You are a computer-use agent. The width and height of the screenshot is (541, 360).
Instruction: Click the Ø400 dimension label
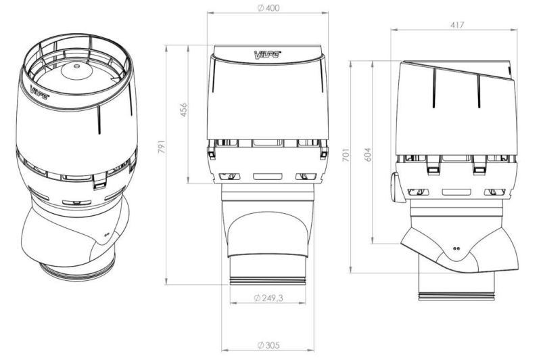coord(268,8)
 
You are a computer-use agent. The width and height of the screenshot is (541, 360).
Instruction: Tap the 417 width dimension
coord(457,25)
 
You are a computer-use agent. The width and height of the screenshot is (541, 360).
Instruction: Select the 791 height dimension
coord(162,147)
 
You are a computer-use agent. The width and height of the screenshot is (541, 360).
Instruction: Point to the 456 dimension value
coord(183,110)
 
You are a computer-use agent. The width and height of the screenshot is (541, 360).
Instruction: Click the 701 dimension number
coord(346,155)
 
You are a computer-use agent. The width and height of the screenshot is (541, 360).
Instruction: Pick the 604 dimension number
coord(368,155)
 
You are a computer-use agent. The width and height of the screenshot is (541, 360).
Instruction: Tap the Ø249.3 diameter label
coord(268,298)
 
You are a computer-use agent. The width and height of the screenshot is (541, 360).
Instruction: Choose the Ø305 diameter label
coord(268,345)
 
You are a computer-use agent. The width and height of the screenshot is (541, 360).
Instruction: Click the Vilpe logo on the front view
coord(267,54)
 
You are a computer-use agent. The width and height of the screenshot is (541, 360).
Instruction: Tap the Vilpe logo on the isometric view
coord(40,92)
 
